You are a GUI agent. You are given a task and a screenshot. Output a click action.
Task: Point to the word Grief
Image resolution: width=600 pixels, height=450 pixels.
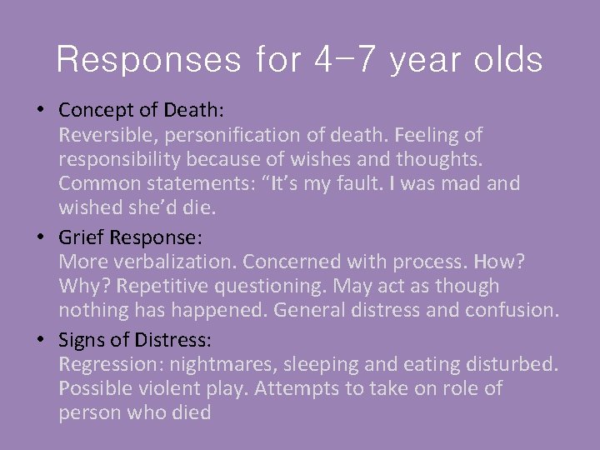[x=82, y=238]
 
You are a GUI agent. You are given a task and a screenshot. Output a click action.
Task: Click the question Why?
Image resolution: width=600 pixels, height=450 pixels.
[x=82, y=286]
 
